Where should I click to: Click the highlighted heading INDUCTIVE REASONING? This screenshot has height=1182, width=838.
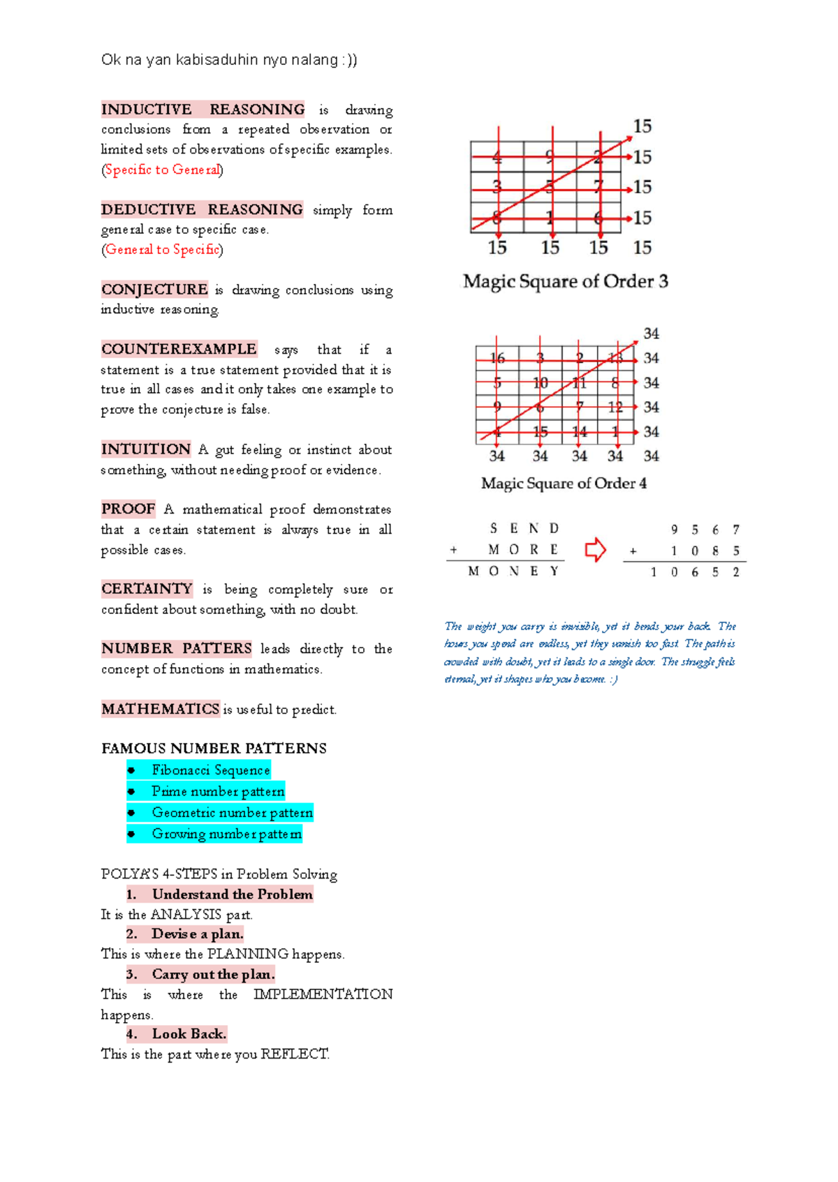click(x=203, y=110)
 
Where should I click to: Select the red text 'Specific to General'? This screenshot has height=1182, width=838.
click(x=162, y=170)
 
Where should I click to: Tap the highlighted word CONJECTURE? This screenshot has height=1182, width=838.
click(x=154, y=290)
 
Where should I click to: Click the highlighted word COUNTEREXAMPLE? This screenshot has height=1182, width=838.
click(x=179, y=349)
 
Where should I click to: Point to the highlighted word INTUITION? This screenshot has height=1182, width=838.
click(x=146, y=449)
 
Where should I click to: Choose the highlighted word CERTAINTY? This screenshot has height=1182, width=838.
click(x=147, y=589)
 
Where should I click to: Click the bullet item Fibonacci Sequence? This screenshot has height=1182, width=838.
click(x=210, y=770)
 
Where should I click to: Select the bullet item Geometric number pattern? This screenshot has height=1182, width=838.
click(x=232, y=813)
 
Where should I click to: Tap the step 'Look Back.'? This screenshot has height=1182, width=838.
click(x=189, y=1034)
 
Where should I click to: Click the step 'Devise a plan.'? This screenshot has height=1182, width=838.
click(x=197, y=934)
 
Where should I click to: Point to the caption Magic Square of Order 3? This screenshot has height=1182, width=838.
click(x=565, y=281)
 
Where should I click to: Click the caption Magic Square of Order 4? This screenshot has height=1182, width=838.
click(x=564, y=484)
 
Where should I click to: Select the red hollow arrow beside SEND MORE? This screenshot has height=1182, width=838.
click(x=595, y=550)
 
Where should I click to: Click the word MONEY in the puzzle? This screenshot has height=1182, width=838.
click(x=513, y=571)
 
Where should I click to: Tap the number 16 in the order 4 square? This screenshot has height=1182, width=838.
click(x=497, y=359)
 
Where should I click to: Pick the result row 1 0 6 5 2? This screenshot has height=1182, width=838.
click(x=694, y=572)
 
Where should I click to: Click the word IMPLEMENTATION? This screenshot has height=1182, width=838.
click(x=323, y=994)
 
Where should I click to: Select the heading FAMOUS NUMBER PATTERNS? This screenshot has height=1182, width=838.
click(x=214, y=749)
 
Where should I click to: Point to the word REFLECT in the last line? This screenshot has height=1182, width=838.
click(x=294, y=1054)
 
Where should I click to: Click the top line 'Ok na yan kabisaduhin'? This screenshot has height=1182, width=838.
click(x=229, y=60)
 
